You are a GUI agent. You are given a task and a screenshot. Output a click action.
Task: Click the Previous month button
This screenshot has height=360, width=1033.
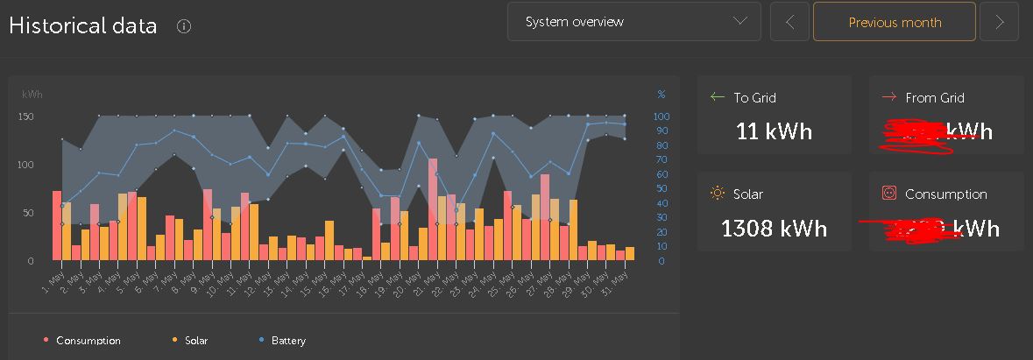[895, 22]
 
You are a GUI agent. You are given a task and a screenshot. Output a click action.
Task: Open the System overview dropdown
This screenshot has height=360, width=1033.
[633, 22]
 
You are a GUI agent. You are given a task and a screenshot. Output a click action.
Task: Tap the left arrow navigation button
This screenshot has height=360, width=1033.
[789, 22]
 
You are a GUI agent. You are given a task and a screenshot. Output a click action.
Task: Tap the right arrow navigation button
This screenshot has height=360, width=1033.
[999, 22]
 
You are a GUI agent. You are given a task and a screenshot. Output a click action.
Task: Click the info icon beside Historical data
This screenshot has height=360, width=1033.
[184, 26]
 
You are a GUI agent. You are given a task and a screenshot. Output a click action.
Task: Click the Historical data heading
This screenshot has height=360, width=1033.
[83, 25]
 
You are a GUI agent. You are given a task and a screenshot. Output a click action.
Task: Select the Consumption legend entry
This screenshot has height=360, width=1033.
[88, 341]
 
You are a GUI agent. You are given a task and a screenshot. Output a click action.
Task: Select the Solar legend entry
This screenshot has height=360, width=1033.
[195, 341]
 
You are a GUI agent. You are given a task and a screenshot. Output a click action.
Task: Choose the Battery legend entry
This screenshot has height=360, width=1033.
[287, 341]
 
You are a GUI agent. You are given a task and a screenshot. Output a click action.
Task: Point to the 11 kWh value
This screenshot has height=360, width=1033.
[774, 132]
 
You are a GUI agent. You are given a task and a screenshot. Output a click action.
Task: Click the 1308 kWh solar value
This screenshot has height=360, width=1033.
[774, 229]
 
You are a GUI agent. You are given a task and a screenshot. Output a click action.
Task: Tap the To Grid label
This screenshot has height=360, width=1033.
[754, 98]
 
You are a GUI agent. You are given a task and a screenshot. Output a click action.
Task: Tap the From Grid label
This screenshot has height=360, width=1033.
[934, 98]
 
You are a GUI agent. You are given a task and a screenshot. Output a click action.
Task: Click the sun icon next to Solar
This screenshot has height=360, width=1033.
[718, 194]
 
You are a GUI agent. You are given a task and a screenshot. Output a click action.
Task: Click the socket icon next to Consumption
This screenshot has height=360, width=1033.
[888, 194]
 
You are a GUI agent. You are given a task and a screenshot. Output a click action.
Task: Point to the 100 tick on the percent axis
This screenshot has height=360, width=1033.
[662, 116]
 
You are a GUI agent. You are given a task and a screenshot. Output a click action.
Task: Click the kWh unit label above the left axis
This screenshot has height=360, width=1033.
[32, 95]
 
